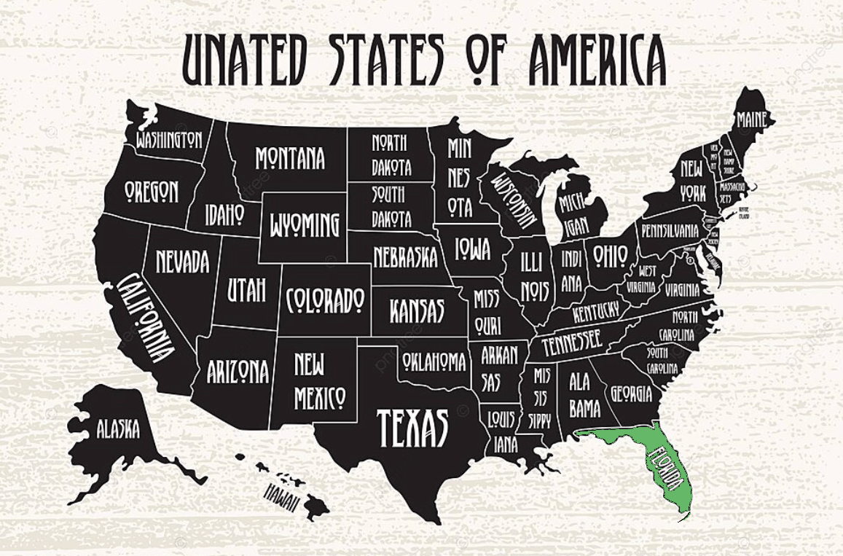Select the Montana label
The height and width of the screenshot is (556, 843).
click(290, 158)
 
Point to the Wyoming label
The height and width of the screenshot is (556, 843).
click(305, 224)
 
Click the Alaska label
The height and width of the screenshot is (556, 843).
click(118, 429)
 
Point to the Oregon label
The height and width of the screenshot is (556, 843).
click(151, 191)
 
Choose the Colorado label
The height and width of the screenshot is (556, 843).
click(325, 299)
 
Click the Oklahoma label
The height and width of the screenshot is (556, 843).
click(434, 361)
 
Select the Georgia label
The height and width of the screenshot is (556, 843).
click(631, 394)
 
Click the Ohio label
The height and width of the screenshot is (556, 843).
click(610, 255)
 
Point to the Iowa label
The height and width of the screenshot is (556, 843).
click(473, 248)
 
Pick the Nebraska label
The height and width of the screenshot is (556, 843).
click(405, 257)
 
